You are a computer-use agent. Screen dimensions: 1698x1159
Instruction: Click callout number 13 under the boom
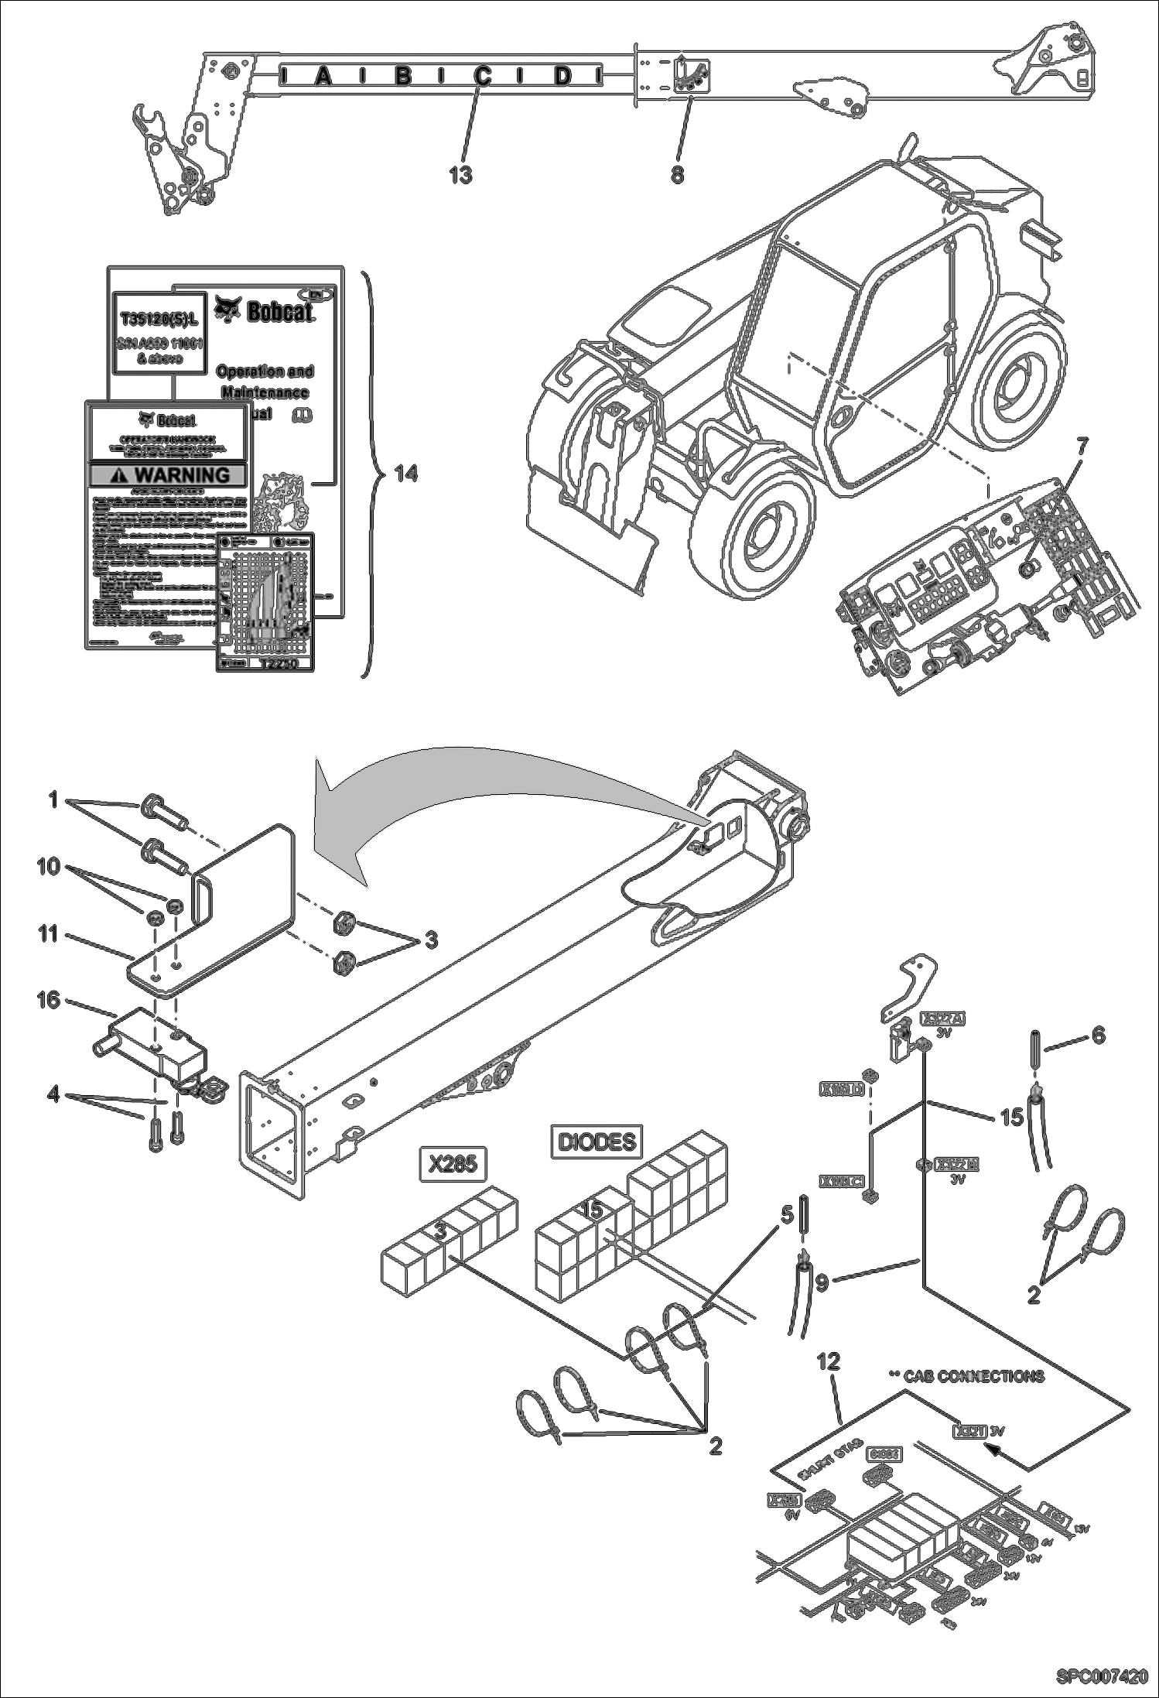(x=460, y=176)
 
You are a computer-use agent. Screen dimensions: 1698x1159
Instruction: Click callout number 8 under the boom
(x=677, y=176)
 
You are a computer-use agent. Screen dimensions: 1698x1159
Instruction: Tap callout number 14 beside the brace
(x=406, y=473)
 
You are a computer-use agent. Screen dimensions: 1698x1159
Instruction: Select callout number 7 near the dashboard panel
(x=1082, y=446)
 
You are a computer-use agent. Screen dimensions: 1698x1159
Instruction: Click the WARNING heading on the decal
(x=169, y=474)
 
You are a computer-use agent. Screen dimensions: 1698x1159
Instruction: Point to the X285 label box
(x=452, y=1163)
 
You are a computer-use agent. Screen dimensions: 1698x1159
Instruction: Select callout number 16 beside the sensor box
(x=48, y=1000)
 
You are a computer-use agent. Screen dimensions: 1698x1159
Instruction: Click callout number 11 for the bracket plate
(x=48, y=934)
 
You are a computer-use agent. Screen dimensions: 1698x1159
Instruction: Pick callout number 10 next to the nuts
(x=48, y=866)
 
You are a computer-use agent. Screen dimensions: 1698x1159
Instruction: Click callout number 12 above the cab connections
(x=828, y=1361)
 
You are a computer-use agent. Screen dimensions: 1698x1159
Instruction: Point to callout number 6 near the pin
(x=1098, y=1035)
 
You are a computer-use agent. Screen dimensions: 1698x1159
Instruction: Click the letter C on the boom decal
(x=482, y=76)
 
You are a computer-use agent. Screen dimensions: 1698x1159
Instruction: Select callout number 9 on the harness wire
(x=822, y=1282)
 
